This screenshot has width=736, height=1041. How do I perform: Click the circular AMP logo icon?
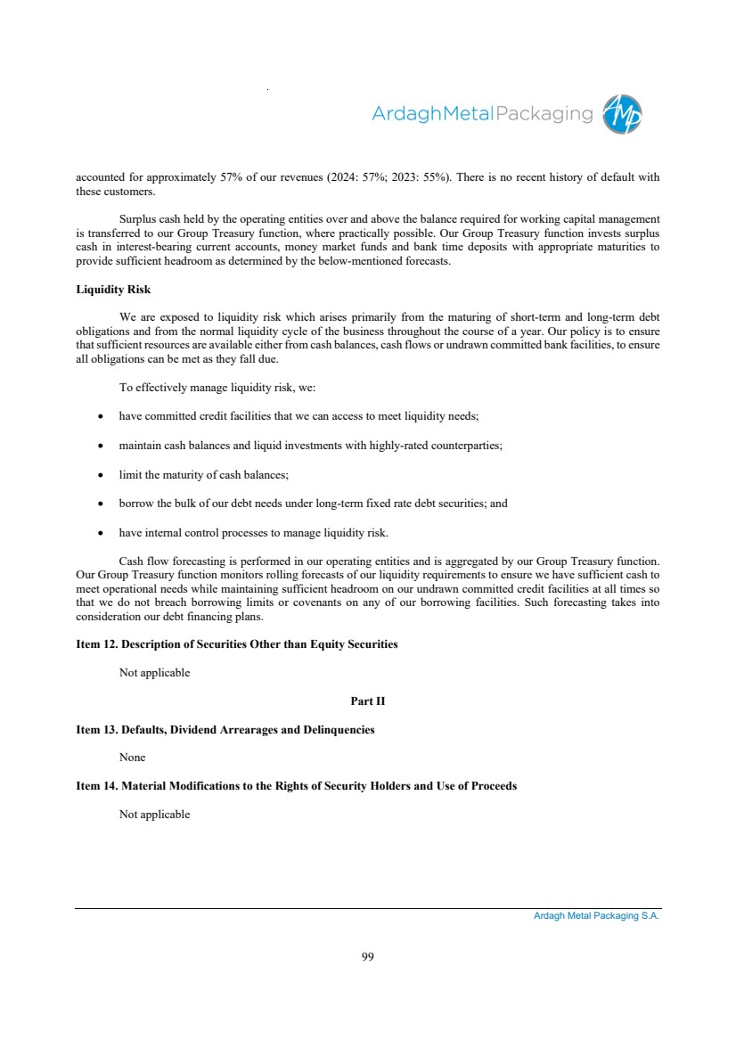point(622,114)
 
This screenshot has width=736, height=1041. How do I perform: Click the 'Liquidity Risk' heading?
point(113,290)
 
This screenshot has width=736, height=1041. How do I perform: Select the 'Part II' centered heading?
point(368,701)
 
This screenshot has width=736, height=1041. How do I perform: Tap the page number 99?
point(368,956)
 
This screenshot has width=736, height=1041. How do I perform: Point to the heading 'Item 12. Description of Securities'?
point(237,644)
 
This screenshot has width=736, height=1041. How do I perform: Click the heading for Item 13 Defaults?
point(225,730)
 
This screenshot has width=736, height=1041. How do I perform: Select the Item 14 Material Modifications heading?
point(297,786)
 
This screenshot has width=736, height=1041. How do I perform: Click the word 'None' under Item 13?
point(133,758)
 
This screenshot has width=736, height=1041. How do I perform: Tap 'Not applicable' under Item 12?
point(155,673)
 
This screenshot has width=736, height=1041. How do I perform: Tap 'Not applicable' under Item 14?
point(155,815)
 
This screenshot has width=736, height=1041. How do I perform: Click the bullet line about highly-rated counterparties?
point(311,445)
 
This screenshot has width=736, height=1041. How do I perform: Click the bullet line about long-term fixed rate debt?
point(313,504)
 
